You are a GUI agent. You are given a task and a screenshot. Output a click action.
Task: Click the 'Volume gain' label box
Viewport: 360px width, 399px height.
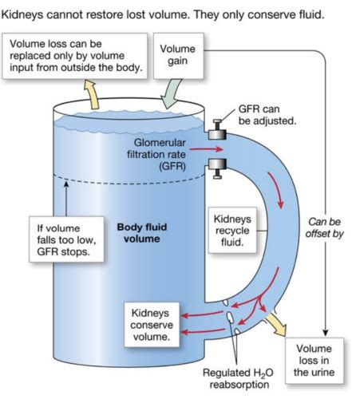(178, 55)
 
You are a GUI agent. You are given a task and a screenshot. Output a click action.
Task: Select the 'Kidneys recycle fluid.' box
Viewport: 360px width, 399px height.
(233, 230)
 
